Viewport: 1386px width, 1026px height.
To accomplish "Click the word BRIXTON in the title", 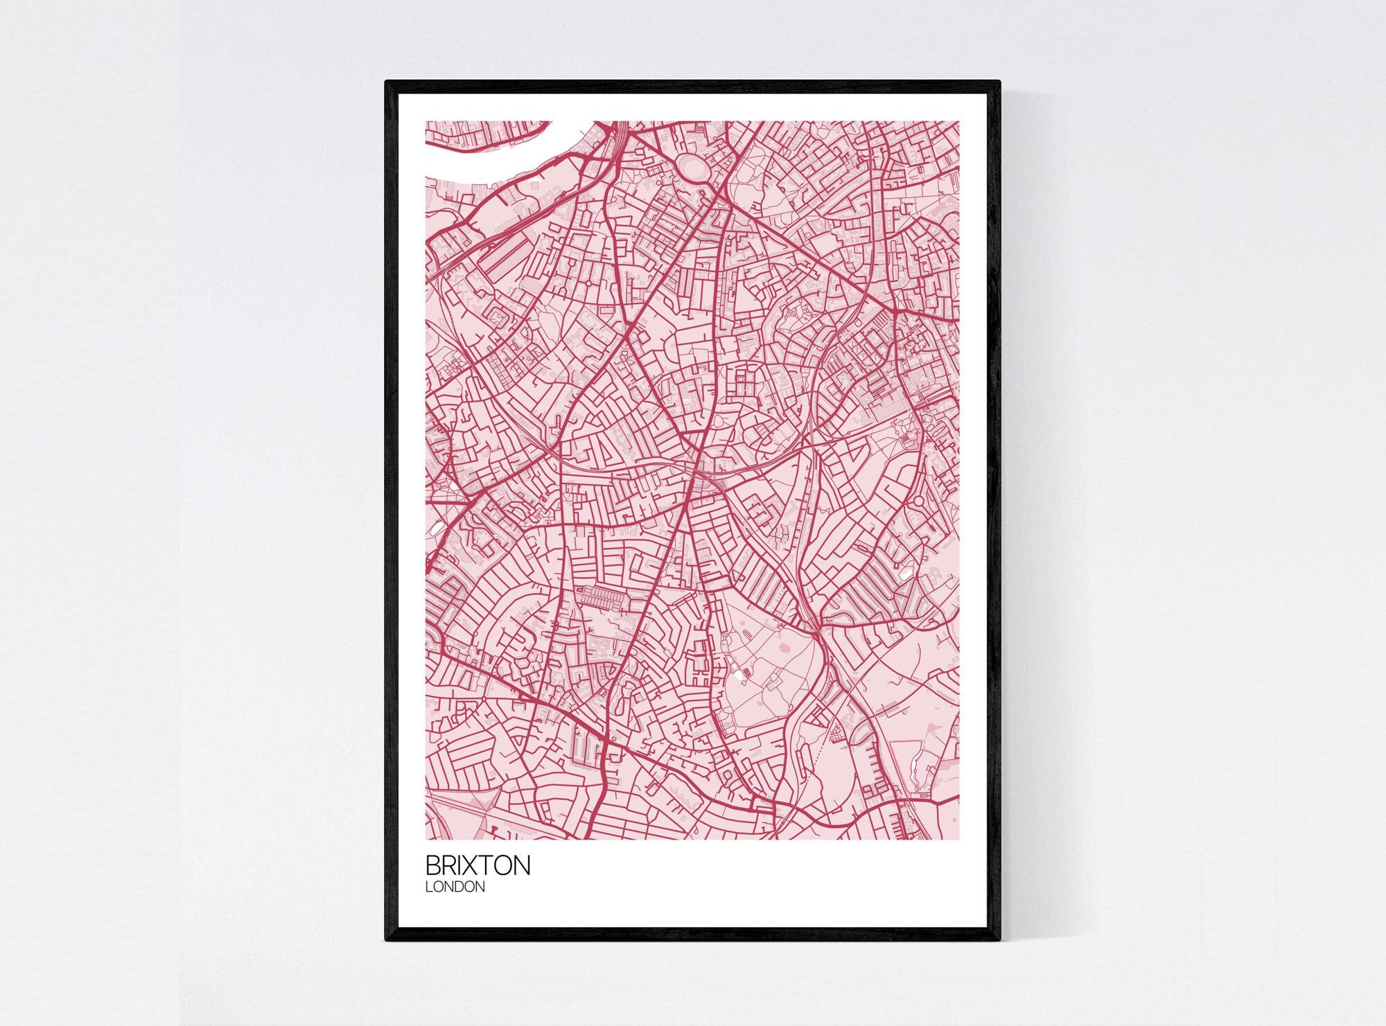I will click(477, 866).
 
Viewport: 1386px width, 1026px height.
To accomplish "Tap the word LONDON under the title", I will click(455, 887).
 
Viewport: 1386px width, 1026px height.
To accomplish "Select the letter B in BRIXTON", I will click(432, 866).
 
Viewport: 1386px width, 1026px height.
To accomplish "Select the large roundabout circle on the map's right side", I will click(919, 500).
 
